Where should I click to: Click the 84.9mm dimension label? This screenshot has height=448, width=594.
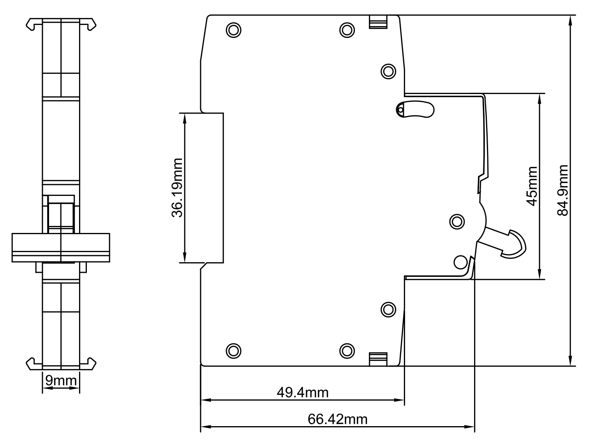click(562, 190)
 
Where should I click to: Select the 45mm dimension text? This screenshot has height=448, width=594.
click(532, 186)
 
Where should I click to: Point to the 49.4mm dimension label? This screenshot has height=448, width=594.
click(302, 392)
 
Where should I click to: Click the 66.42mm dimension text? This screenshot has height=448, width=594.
click(337, 419)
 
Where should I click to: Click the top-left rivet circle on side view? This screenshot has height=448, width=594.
click(233, 30)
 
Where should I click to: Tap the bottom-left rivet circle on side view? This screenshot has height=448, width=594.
click(233, 350)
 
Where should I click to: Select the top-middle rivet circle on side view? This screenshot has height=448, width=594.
click(347, 30)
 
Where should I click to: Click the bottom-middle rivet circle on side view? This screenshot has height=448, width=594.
click(347, 350)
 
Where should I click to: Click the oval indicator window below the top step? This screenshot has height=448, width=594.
click(415, 110)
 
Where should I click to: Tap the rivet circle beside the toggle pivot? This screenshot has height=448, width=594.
click(457, 222)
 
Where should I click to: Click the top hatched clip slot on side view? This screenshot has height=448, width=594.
click(378, 22)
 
